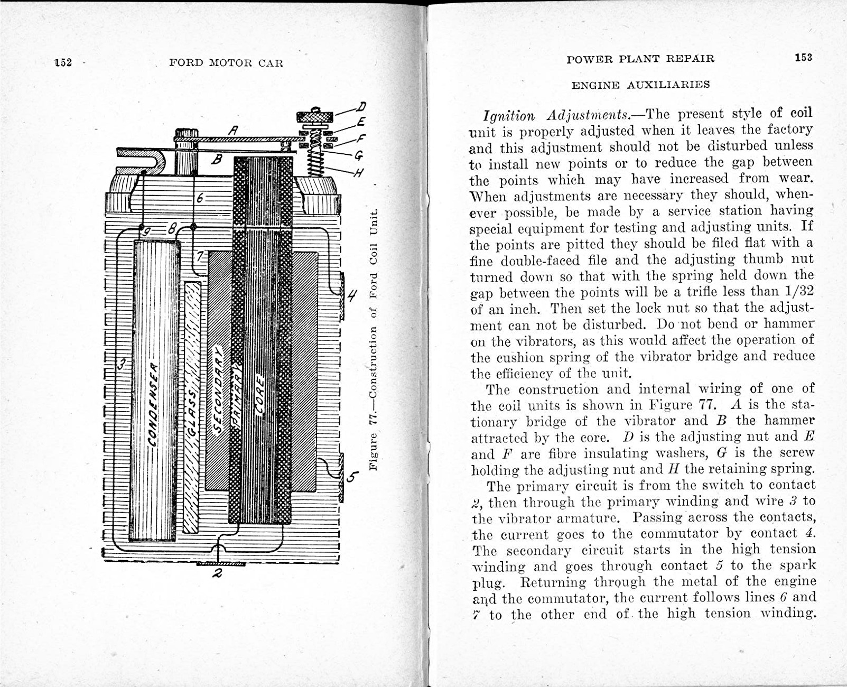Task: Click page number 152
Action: click(63, 62)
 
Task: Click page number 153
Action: click(803, 58)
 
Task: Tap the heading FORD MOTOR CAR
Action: click(226, 63)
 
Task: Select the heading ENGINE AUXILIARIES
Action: click(641, 85)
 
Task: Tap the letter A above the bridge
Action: click(232, 129)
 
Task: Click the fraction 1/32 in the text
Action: click(798, 292)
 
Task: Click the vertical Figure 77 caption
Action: click(374, 338)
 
